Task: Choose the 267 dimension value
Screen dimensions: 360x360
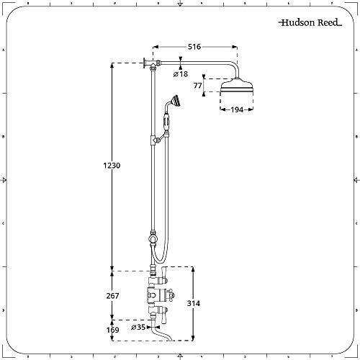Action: (x=112, y=294)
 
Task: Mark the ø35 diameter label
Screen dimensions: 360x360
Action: (x=138, y=327)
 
